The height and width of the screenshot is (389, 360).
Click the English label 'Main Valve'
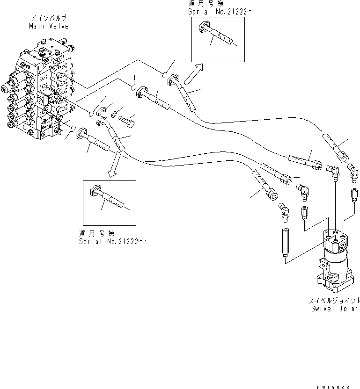pyautogui.click(x=49, y=27)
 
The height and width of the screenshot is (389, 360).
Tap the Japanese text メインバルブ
pyautogui.click(x=49, y=18)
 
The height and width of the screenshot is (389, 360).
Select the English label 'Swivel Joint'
pyautogui.click(x=334, y=309)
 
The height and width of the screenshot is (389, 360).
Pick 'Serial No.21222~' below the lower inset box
pyautogui.click(x=112, y=241)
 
